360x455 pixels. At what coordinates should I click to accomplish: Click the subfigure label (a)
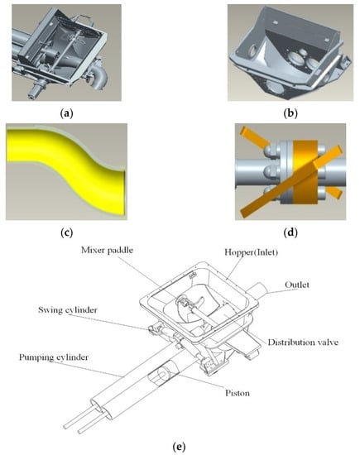pyautogui.click(x=66, y=113)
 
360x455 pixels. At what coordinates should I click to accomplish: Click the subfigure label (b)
pyautogui.click(x=290, y=113)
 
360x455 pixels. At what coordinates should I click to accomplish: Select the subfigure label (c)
pyautogui.click(x=66, y=232)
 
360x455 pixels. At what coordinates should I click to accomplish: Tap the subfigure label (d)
pyautogui.click(x=290, y=232)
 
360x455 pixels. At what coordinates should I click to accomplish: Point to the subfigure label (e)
pyautogui.click(x=179, y=446)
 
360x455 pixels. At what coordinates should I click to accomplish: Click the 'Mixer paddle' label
pyautogui.click(x=107, y=250)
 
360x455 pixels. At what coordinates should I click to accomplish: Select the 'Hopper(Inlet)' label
pyautogui.click(x=252, y=252)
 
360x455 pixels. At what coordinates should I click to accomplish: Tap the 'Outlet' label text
pyautogui.click(x=297, y=285)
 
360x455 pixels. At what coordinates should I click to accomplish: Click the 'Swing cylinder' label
pyautogui.click(x=68, y=310)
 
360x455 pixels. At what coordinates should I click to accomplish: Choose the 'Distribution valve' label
pyautogui.click(x=303, y=342)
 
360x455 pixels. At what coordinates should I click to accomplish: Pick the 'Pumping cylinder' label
pyautogui.click(x=54, y=357)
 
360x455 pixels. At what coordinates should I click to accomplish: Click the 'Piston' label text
pyautogui.click(x=238, y=393)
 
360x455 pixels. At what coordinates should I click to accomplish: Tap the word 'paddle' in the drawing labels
pyautogui.click(x=121, y=250)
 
